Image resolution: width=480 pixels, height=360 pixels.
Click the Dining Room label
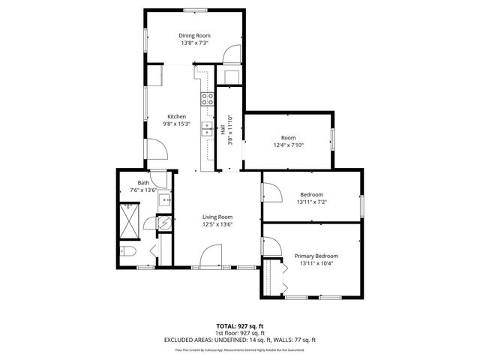193,35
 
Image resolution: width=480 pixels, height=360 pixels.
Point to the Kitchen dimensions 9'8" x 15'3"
177,124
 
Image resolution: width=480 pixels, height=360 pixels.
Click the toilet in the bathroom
128,251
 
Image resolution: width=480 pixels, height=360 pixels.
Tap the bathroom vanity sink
166,199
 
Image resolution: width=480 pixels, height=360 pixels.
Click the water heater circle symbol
164,221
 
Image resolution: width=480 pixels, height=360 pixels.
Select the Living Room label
217,217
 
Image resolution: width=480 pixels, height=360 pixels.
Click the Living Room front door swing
207,256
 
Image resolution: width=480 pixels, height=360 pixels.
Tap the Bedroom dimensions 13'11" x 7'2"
311,201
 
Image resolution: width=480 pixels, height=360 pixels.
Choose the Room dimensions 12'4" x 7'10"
288,145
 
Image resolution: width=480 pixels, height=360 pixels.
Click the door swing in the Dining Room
234,54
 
